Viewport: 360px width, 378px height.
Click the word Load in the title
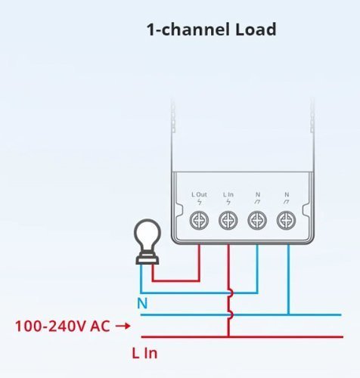click(x=256, y=29)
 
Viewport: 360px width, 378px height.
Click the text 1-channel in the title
click(x=188, y=29)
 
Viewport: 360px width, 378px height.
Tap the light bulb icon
click(x=147, y=241)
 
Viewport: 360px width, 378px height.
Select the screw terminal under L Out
click(x=199, y=221)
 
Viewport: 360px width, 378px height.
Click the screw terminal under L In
click(x=228, y=221)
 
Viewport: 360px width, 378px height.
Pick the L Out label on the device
click(x=199, y=194)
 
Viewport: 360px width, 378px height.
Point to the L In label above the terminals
click(x=228, y=194)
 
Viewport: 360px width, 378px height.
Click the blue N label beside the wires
click(x=142, y=303)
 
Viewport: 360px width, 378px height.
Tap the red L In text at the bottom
click(x=144, y=353)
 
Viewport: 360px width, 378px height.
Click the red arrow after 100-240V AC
click(x=123, y=326)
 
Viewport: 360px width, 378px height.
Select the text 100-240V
click(x=51, y=326)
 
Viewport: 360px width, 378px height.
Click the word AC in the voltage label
click(x=100, y=326)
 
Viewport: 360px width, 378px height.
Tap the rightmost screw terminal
click(x=287, y=221)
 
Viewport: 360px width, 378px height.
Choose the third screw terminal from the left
click(x=257, y=221)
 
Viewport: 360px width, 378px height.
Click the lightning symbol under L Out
click(x=200, y=202)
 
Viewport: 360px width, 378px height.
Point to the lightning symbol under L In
click(x=228, y=202)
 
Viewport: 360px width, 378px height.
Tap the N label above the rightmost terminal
click(x=287, y=194)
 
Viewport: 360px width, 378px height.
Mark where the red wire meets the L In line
click(x=228, y=336)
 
